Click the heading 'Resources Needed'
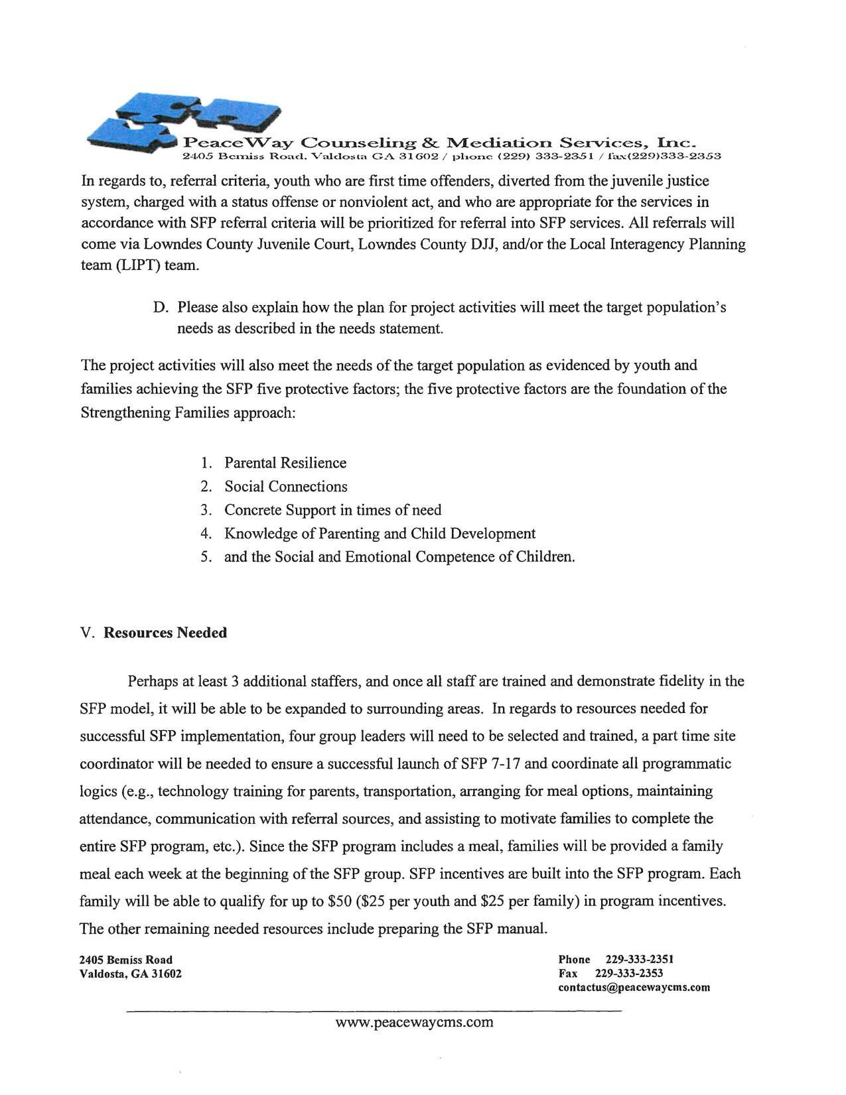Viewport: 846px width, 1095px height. coord(165,633)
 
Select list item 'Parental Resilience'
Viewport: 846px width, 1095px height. coord(285,463)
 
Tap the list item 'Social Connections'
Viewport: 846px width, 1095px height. coord(286,487)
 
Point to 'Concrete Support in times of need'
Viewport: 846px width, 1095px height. coord(332,510)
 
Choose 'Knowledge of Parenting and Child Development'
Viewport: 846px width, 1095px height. coord(380,534)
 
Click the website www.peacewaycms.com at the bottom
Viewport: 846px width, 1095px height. coord(415,1022)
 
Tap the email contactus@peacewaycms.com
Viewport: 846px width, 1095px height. coord(634,988)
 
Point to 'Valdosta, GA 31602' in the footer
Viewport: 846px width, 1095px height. coord(130,974)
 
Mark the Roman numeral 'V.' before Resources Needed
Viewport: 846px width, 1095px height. coord(88,633)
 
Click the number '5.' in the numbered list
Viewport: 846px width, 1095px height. coord(206,557)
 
